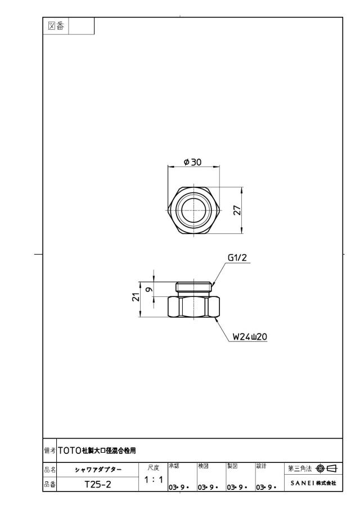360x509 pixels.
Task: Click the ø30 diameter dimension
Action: coord(193,162)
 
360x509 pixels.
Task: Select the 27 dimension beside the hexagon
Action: coord(238,210)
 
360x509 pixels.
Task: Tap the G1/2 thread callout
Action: coord(237,258)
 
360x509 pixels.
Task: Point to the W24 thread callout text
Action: coord(250,337)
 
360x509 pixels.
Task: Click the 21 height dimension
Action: coord(136,297)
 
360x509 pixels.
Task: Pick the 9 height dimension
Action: coord(149,289)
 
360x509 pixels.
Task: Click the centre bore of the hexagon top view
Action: coord(194,210)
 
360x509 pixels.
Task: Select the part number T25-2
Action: coord(98,484)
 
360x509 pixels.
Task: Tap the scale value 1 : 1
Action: coord(154,479)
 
